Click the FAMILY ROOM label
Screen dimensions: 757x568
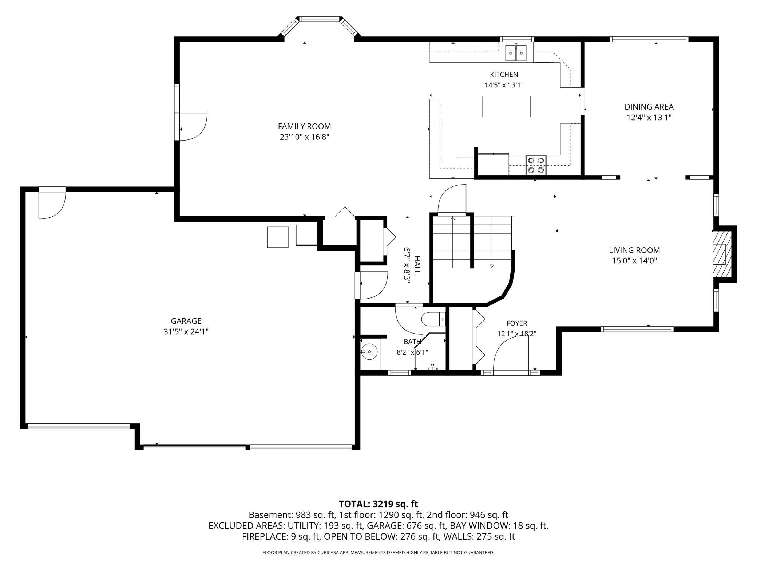pos(304,126)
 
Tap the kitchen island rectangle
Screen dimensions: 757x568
pos(506,106)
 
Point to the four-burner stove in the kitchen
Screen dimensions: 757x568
pos(536,165)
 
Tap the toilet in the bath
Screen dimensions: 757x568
pos(433,319)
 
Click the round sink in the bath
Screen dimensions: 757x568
pos(369,352)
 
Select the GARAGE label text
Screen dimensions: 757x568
pos(186,321)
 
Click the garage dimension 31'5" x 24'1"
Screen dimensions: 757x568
pos(186,332)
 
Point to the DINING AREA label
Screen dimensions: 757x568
pos(649,107)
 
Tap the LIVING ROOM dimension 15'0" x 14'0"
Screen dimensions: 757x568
pos(634,261)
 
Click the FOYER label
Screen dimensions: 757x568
pos(517,323)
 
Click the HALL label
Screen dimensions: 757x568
pos(417,265)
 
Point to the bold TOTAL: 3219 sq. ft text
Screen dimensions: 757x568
pos(378,504)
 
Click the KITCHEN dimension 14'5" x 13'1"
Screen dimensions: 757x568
pos(504,85)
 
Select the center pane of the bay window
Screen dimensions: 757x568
pos(319,19)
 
